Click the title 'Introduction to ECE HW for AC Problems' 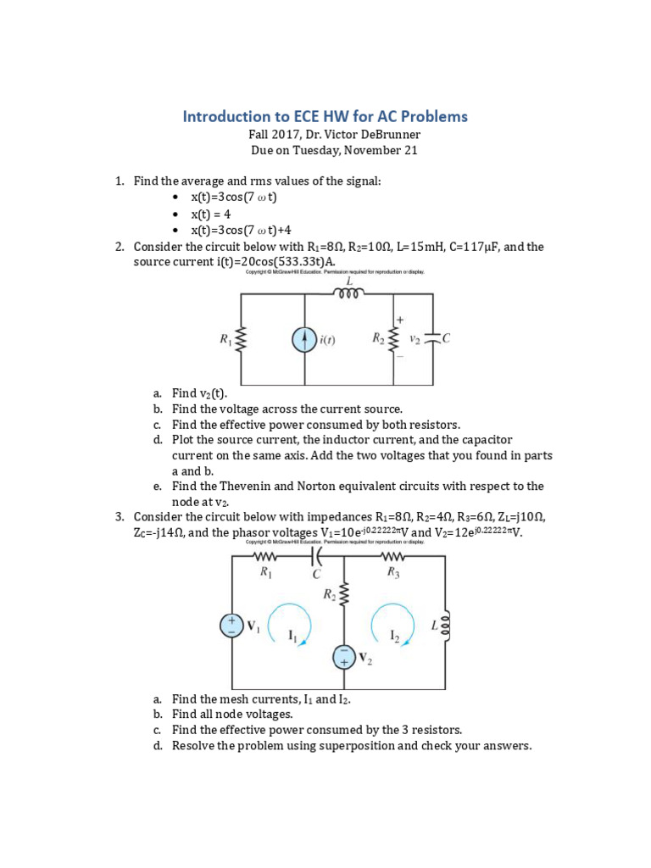[x=325, y=116]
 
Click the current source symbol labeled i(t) [x=304, y=340]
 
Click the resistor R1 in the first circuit [x=242, y=340]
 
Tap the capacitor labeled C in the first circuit [x=433, y=338]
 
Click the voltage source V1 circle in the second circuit [x=231, y=626]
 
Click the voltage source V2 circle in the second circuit [x=344, y=657]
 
